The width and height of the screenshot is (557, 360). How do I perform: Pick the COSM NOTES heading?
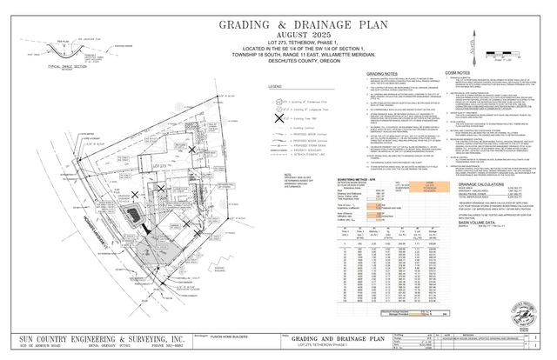[x=468, y=76]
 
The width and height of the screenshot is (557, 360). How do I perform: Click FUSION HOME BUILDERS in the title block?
[x=220, y=336]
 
